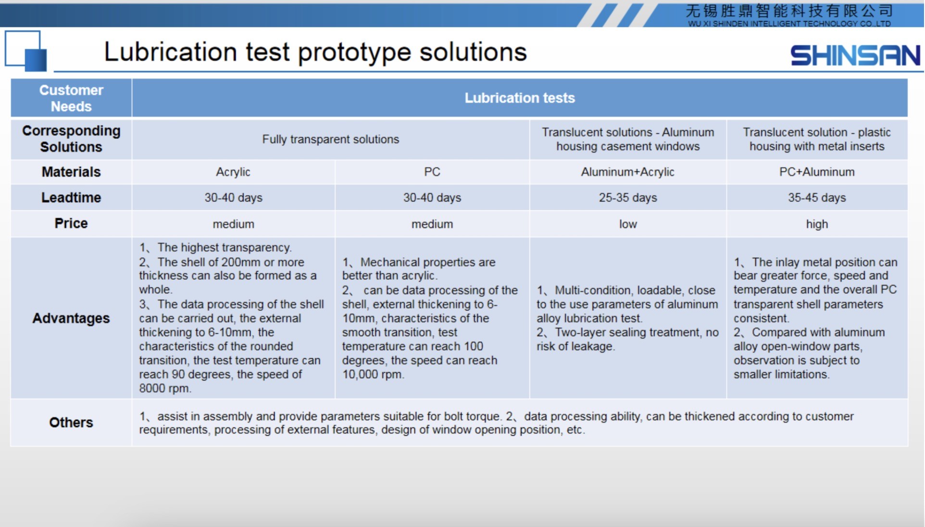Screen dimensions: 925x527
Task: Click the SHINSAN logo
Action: tap(855, 55)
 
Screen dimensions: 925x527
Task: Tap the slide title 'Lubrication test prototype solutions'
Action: tap(315, 52)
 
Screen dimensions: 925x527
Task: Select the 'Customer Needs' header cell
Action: tap(71, 98)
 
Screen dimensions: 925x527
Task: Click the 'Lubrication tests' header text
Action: tap(520, 98)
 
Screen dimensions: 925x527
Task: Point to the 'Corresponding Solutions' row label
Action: tap(71, 139)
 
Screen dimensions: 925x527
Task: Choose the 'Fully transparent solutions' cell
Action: tap(331, 139)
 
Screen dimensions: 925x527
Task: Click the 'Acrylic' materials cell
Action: tap(233, 172)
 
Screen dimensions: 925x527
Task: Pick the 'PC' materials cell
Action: tap(432, 172)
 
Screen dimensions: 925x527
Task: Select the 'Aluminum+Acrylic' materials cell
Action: tap(628, 172)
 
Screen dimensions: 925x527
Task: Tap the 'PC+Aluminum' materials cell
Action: tap(817, 172)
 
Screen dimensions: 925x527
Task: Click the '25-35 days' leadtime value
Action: tap(628, 198)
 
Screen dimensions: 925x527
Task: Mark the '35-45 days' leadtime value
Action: tap(817, 198)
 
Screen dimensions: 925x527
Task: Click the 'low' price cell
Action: tap(628, 224)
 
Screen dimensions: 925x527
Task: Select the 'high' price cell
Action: tap(817, 224)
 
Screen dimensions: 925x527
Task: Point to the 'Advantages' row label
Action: tap(71, 318)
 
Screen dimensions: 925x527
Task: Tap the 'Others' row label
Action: tap(71, 422)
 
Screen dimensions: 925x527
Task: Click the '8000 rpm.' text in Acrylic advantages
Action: tap(165, 389)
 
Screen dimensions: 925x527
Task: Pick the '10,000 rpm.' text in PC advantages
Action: tap(373, 375)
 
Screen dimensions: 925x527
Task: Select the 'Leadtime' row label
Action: tap(71, 198)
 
